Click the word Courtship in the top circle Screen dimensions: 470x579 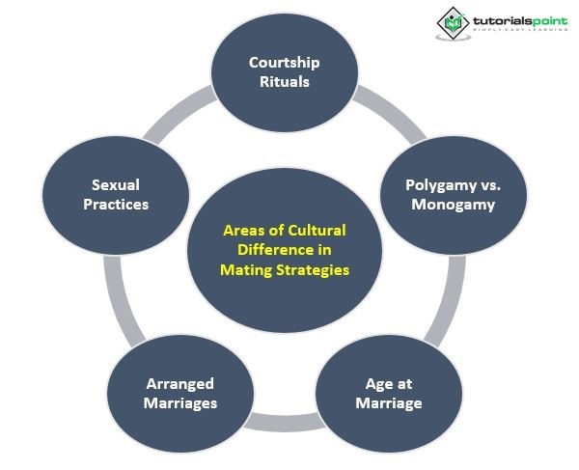click(x=284, y=63)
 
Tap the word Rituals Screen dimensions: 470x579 click(x=284, y=82)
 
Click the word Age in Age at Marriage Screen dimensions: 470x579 click(x=371, y=384)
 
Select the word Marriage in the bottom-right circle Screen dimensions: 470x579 click(x=389, y=402)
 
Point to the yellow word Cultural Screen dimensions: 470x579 click(x=317, y=231)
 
